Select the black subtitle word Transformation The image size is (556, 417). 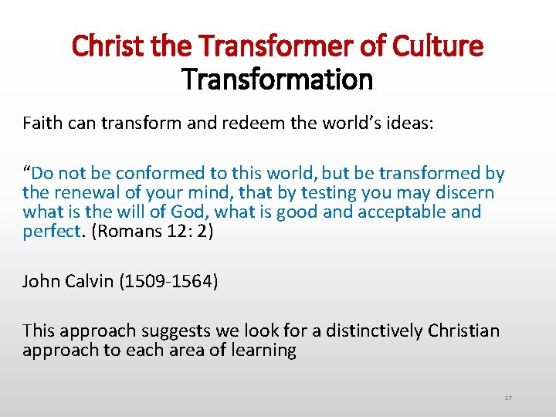(x=277, y=78)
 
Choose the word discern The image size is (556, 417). (x=464, y=193)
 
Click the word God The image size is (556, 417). (x=199, y=212)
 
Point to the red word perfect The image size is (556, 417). (x=52, y=232)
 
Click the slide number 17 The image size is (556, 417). (x=508, y=398)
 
